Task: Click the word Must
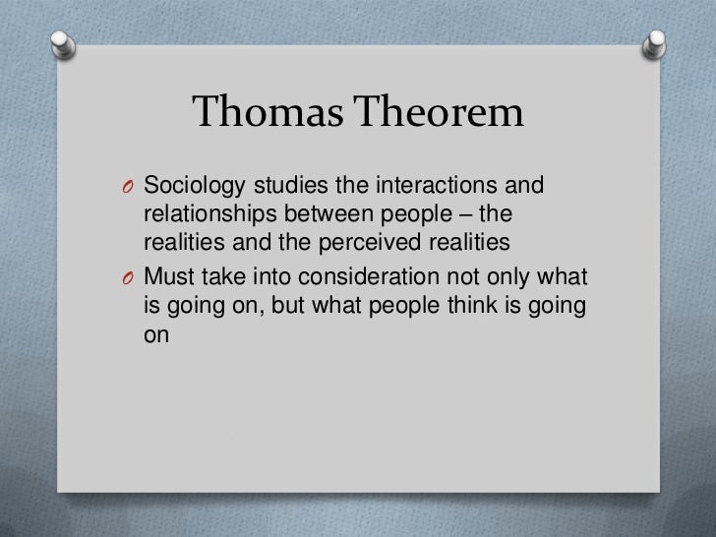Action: coord(166,277)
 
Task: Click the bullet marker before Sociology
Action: coord(130,186)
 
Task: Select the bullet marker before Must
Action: coord(130,278)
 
